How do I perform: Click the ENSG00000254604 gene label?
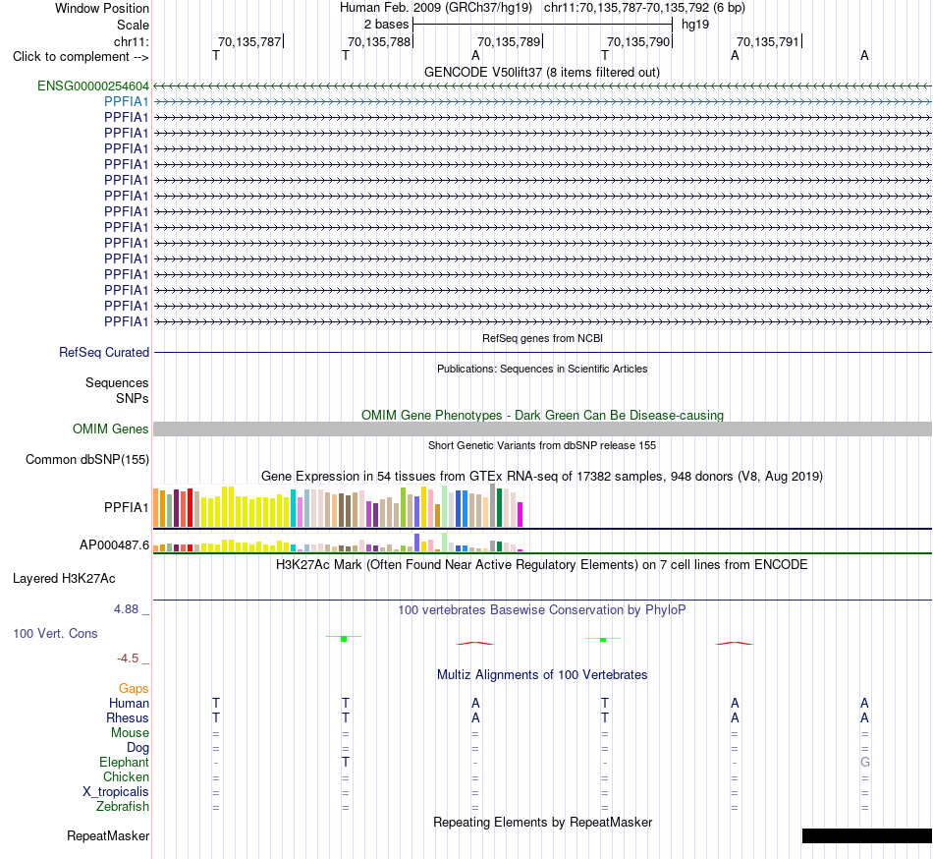pyautogui.click(x=93, y=86)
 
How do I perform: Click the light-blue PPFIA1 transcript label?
pyautogui.click(x=126, y=102)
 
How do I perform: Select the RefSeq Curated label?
pyautogui.click(x=104, y=353)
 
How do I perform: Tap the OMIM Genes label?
pyautogui.click(x=111, y=429)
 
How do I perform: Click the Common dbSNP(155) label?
pyautogui.click(x=87, y=460)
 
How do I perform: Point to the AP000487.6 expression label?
pyautogui.click(x=114, y=544)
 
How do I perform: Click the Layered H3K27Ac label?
pyautogui.click(x=64, y=579)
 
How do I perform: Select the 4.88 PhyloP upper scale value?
pyautogui.click(x=126, y=609)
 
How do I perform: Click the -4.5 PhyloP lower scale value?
pyautogui.click(x=128, y=659)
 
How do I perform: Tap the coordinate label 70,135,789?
pyautogui.click(x=509, y=41)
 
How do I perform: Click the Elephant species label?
pyautogui.click(x=125, y=763)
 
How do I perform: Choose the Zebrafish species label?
pyautogui.click(x=123, y=807)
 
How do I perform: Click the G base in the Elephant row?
pyautogui.click(x=864, y=763)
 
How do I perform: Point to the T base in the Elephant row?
pyautogui.click(x=345, y=763)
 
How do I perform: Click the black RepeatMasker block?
pyautogui.click(x=867, y=835)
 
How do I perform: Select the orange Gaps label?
pyautogui.click(x=134, y=689)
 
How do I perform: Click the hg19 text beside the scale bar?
pyautogui.click(x=695, y=25)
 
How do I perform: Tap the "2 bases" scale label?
pyautogui.click(x=387, y=25)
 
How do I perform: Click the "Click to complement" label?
pyautogui.click(x=81, y=57)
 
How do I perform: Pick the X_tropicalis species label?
pyautogui.click(x=116, y=792)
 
